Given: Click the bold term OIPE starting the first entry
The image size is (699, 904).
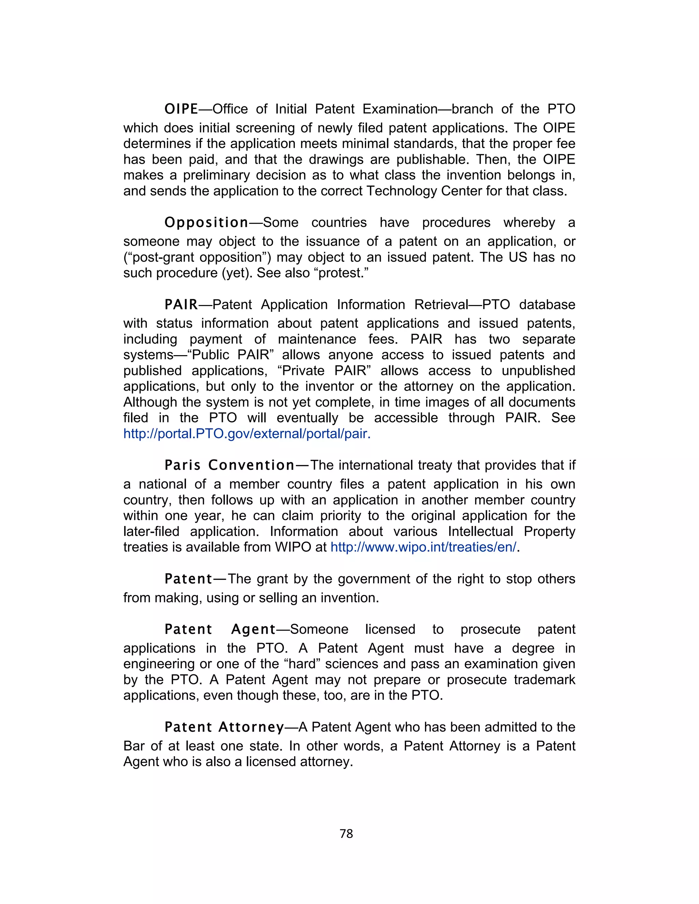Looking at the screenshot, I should tap(181, 109).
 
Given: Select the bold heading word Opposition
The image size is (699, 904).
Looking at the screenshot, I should tap(206, 223).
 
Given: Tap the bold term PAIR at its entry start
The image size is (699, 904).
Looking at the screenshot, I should tap(181, 305).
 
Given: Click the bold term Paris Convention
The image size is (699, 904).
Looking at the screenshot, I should tap(229, 465).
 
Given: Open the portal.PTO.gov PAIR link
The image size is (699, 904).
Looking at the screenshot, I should tap(247, 434).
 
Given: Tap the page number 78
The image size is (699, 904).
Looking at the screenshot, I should tap(346, 834).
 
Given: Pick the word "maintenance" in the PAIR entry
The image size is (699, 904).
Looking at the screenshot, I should tap(317, 339).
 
